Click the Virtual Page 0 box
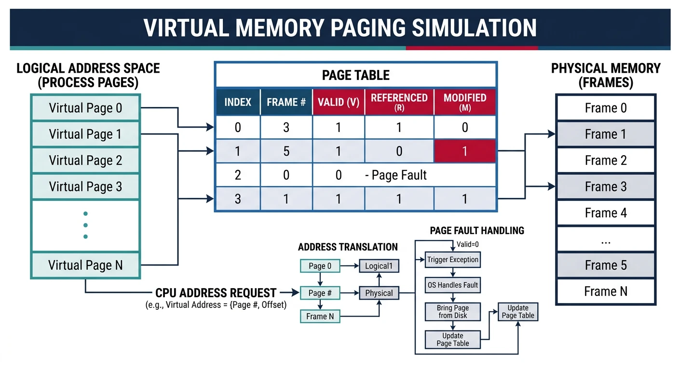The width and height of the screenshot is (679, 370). point(85,108)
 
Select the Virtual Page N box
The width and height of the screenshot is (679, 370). point(85,265)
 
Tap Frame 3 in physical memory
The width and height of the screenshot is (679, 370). point(606,186)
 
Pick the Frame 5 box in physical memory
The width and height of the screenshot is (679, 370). point(606,265)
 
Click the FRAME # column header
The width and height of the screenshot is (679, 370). point(286,102)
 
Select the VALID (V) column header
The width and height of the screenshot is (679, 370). point(339,102)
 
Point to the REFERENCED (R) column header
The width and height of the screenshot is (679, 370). point(399,102)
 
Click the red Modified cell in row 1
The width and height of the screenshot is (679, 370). point(464,151)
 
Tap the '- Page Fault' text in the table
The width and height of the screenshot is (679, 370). point(396,175)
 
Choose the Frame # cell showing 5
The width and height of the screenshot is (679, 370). point(286,151)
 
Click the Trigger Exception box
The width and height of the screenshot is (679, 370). point(452,260)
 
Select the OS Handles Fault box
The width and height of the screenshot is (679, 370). point(452,285)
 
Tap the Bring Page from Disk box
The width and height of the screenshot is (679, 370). point(452,311)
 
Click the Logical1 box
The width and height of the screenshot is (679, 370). point(379,266)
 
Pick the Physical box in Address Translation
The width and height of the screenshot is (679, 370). point(379,293)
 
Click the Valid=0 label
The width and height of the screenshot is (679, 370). point(467,244)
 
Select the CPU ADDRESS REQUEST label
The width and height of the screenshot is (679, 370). point(216,293)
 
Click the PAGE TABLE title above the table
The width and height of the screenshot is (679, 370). point(355,75)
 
